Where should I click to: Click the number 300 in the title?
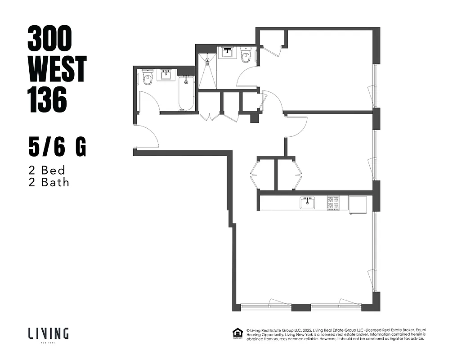49,40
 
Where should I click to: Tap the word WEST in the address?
57,69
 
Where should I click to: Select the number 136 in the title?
47,99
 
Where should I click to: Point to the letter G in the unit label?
81,148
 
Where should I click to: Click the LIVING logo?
48,333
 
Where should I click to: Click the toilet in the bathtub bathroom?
147,78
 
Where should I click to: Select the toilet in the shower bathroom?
246,56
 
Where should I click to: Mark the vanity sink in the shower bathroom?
228,52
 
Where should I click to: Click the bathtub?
186,93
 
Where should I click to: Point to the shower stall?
207,71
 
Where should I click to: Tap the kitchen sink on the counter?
308,203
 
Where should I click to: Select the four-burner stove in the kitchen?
333,203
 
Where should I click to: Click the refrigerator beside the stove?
358,204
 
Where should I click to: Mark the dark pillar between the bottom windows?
301,308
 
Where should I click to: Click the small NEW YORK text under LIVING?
48,342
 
